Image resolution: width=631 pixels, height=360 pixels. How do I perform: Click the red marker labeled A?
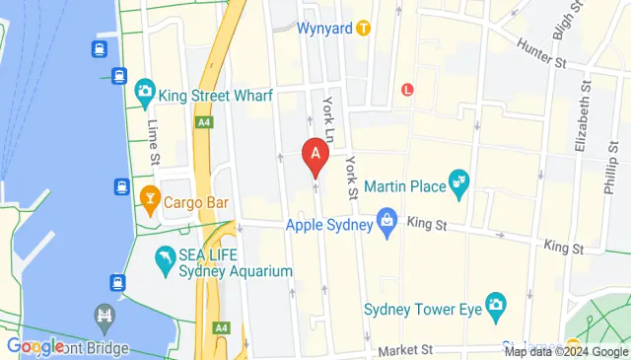pos(315,155)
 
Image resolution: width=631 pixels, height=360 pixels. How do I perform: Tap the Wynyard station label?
pos(325,29)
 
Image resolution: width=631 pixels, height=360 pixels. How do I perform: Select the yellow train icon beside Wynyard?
pos(363,29)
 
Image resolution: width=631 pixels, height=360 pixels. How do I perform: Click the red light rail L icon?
pos(406,89)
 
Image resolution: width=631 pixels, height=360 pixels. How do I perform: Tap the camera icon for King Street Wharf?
pos(147,95)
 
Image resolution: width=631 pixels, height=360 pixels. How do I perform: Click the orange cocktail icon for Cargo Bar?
pos(150,202)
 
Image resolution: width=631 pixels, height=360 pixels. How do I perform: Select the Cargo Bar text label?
pos(196,202)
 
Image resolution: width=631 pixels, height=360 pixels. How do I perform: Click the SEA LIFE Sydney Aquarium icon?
pos(165,261)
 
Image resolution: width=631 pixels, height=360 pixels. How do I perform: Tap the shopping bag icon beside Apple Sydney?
pos(388,224)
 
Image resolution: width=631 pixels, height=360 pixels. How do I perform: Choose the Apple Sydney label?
pos(329,225)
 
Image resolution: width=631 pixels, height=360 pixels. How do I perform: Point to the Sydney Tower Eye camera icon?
pos(495,303)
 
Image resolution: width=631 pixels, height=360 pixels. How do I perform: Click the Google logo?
pos(35,346)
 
